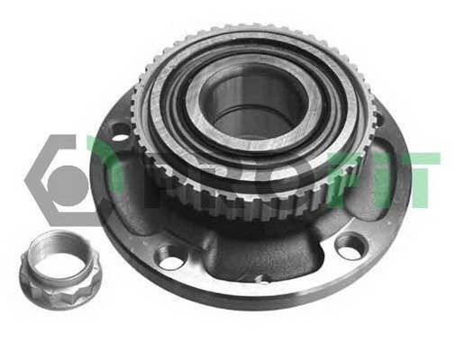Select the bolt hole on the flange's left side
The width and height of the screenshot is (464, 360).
point(120,132)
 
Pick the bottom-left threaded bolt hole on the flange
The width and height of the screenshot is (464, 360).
point(168,257)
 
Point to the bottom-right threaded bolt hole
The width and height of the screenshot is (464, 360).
point(350,245)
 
